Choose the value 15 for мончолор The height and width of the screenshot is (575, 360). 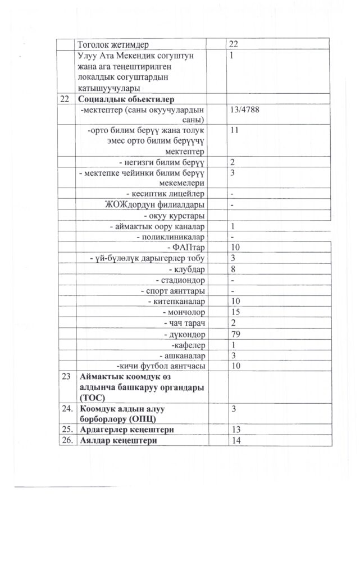(236, 312)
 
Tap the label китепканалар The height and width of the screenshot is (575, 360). (178, 302)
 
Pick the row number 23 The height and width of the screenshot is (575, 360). (67, 376)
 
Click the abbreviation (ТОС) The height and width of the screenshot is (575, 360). (93, 397)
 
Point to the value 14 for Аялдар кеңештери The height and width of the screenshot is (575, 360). (236, 440)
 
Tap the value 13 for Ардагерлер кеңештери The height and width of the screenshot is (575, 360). (236, 430)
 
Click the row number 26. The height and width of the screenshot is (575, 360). (67, 440)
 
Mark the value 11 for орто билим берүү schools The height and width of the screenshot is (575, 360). (235, 131)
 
